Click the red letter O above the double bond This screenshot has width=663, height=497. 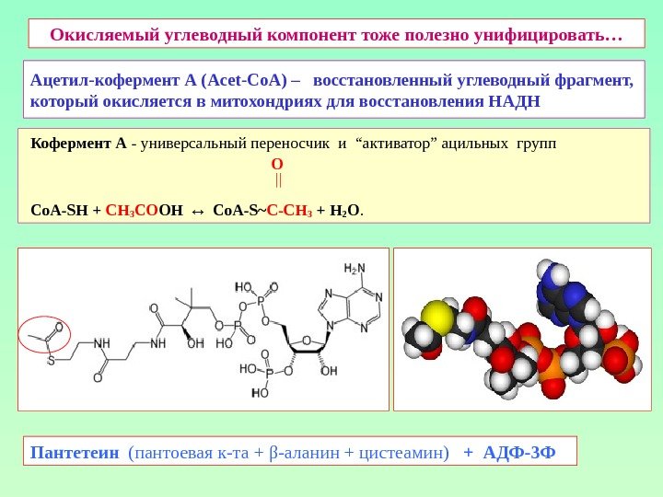coord(277,163)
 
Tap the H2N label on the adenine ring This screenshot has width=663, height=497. coord(354,269)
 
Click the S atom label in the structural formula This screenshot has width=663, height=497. coord(52,360)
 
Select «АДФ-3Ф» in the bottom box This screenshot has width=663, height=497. coord(519,452)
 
